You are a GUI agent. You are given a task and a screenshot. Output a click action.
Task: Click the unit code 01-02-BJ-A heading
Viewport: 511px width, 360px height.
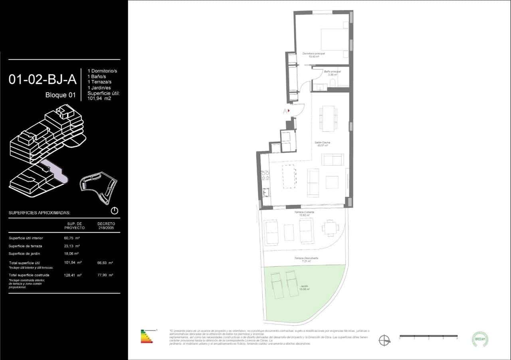(x=42, y=79)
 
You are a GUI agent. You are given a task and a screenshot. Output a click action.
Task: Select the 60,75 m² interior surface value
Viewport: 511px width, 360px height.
(x=72, y=238)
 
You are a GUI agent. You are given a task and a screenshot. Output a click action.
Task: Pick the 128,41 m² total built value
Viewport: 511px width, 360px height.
(x=73, y=275)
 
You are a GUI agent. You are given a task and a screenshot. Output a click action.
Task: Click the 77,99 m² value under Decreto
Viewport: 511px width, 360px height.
(x=105, y=275)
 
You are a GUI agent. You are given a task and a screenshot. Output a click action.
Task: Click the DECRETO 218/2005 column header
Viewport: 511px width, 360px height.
(x=106, y=226)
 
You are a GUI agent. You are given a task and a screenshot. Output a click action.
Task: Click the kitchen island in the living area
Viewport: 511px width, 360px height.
(x=289, y=177)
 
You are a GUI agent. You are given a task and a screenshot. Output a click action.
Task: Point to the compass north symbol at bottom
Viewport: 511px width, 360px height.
(x=384, y=340)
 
